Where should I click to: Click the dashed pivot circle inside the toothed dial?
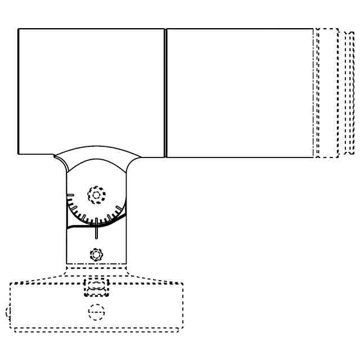point(96,195)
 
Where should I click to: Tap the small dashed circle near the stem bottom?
point(97,254)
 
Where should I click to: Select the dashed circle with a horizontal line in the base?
point(96,312)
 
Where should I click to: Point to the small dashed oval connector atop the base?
point(95,288)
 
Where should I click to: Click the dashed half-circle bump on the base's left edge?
point(8,312)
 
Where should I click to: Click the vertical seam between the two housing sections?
point(165,93)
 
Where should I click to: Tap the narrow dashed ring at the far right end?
point(352,93)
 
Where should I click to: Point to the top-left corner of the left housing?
point(19,29)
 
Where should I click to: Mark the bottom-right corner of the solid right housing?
point(313,156)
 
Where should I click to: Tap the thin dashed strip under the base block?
point(96,330)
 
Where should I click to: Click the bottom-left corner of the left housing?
point(19,153)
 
